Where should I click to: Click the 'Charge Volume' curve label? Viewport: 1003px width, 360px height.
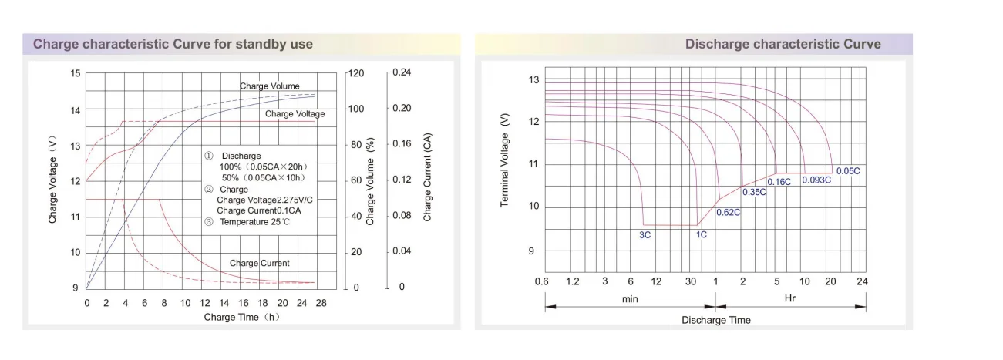point(269,86)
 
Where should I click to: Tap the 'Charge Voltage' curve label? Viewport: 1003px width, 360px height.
point(295,114)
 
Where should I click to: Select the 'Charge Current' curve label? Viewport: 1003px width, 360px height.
point(259,264)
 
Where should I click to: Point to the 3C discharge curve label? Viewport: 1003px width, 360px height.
point(645,234)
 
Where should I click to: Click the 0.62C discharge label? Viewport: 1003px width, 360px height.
point(728,212)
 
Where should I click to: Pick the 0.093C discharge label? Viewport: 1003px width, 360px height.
point(816,180)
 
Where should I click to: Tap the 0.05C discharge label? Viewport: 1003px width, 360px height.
point(847,171)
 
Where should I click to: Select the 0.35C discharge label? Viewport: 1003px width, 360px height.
point(754,191)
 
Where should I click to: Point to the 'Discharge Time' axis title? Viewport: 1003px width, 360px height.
point(715,320)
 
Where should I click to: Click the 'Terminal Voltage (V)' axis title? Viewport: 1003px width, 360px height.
point(505,160)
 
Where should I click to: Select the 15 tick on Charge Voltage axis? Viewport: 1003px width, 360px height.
point(75,73)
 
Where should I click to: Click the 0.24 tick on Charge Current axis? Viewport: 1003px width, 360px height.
point(402,72)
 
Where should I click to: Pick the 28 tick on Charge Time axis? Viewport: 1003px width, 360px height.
point(321,303)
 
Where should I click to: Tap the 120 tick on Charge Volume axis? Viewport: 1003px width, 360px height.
point(355,73)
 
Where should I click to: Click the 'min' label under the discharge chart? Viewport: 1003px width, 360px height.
point(630,298)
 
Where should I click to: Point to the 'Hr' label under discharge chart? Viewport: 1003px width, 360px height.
point(790,298)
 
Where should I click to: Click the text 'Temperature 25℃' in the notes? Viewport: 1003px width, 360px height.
point(255,222)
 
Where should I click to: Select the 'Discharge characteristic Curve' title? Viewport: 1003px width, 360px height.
point(783,44)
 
